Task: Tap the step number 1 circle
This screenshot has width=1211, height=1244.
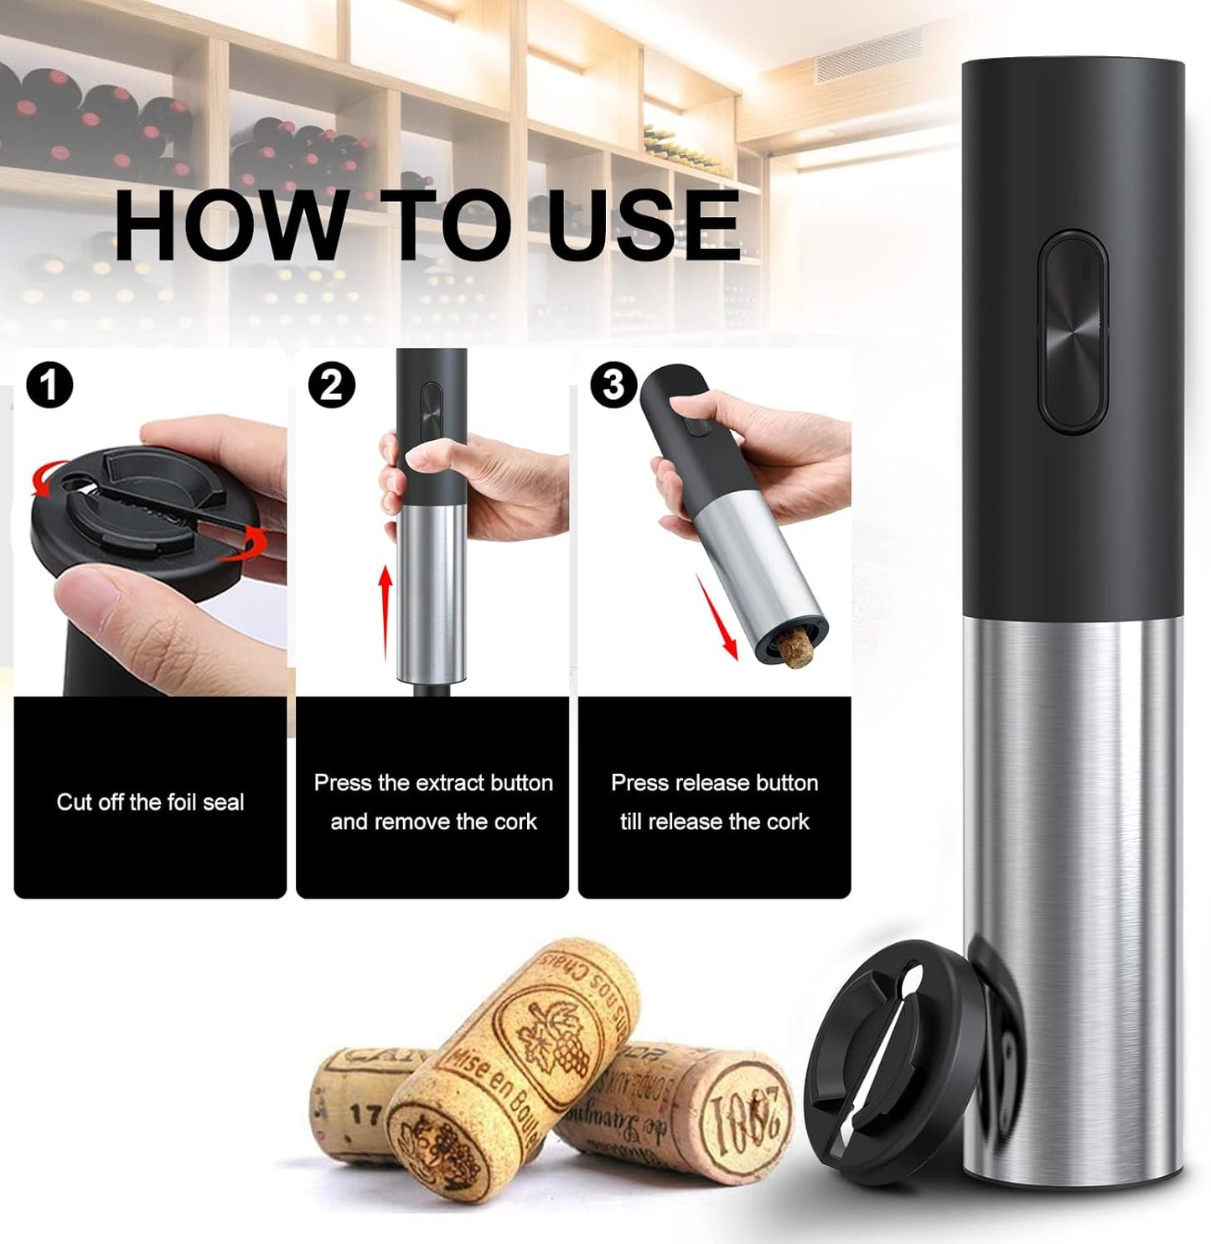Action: (x=49, y=386)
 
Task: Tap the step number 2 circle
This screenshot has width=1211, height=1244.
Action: (x=332, y=386)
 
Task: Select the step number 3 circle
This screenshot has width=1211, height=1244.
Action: (x=614, y=386)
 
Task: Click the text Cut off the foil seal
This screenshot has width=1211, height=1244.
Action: (x=150, y=802)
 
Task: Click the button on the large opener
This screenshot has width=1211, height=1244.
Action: (x=1073, y=332)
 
